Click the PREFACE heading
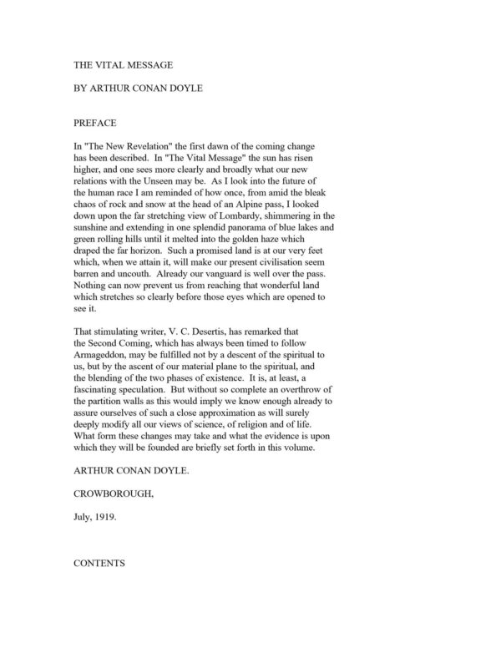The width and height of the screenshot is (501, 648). (x=95, y=123)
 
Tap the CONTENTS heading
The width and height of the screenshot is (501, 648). (x=99, y=564)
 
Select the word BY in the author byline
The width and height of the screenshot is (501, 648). (x=81, y=86)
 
